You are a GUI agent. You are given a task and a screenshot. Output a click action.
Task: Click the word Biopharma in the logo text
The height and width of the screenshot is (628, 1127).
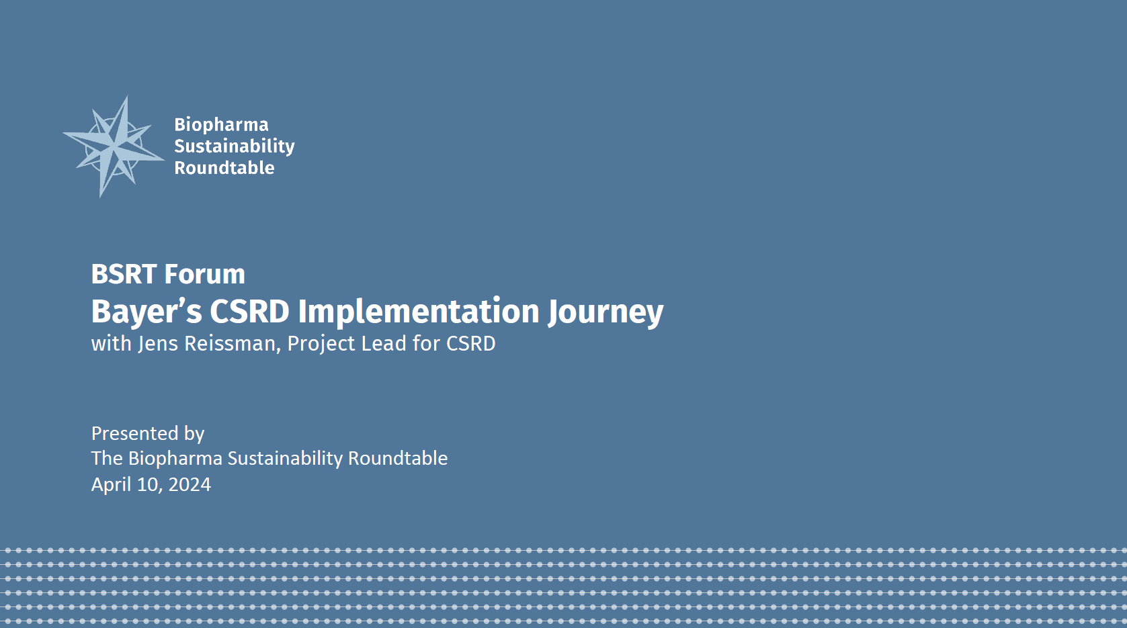coord(221,125)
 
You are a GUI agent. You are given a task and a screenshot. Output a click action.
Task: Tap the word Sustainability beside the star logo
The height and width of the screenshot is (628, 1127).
coord(234,146)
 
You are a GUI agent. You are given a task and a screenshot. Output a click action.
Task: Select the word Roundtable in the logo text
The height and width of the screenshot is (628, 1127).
coord(224,168)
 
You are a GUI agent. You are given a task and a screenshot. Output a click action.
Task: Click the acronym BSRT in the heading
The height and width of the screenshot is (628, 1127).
coord(124,274)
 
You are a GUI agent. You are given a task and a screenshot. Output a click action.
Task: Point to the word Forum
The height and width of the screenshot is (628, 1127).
coord(205,274)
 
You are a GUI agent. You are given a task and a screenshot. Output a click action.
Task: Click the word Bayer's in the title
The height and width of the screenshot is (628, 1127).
coord(146,312)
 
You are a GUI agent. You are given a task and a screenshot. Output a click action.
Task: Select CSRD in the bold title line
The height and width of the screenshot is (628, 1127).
coord(249,312)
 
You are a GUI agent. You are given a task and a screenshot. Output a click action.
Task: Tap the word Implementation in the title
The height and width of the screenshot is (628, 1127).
coord(419,312)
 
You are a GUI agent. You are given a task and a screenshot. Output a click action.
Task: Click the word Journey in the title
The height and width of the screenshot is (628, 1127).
coord(606,312)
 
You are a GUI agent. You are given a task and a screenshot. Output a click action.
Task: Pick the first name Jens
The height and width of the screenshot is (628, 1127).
coord(158,344)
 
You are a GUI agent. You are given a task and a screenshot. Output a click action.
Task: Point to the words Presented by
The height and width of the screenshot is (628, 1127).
coord(148,434)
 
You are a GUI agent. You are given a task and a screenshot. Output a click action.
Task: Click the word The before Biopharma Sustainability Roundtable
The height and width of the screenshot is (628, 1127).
coord(107,459)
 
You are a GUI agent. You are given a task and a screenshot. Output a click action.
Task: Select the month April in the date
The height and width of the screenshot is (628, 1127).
coord(111,485)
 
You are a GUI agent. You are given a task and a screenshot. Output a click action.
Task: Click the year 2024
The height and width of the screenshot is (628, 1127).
coord(190,485)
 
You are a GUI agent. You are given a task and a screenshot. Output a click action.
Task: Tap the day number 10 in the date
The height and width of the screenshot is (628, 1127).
coord(147,485)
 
